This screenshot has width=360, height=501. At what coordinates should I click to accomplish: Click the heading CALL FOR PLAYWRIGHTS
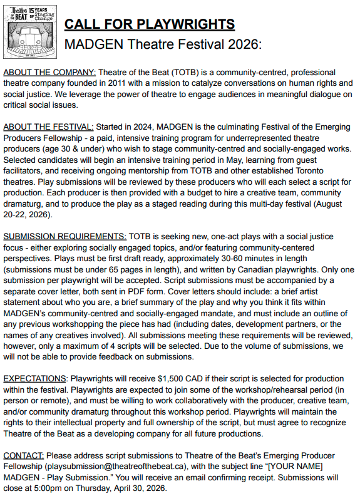coord(150,24)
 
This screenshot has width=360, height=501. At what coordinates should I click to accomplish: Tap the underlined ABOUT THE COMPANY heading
coord(50,72)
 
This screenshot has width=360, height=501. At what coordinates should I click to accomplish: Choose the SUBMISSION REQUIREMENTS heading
coord(65,237)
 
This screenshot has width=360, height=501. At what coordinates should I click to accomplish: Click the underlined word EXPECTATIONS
coord(34,379)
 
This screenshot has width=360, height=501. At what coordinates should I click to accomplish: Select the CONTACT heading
coord(23,455)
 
